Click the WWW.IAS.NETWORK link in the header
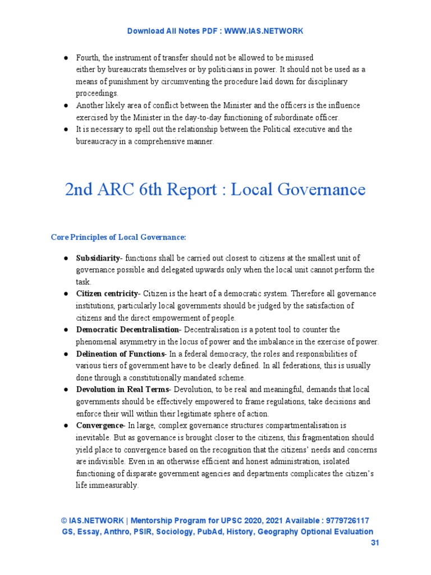(264, 31)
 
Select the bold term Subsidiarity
(98, 258)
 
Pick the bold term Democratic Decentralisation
(127, 330)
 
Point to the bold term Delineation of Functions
(120, 354)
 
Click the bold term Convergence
(100, 426)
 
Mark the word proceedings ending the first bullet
(97, 94)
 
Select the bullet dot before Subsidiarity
(66, 258)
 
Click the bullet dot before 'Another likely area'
(66, 106)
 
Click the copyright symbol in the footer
(63, 521)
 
